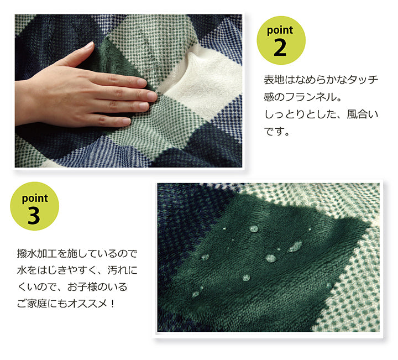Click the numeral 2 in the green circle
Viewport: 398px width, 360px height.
280,48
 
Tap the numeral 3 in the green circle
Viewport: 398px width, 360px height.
34,216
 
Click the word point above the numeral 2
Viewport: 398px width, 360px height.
280,30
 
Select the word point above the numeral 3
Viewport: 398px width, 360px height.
35,199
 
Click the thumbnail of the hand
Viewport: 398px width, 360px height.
88,46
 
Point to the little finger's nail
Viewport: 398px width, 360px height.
126,121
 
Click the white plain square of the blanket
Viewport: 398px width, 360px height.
206,76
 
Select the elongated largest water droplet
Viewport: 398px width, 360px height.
295,246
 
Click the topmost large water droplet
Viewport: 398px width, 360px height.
254,229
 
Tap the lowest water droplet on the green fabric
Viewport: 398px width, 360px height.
196,294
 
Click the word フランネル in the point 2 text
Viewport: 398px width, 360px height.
311,97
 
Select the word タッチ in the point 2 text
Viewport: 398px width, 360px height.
363,80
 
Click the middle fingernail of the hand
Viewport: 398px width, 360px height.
151,96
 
